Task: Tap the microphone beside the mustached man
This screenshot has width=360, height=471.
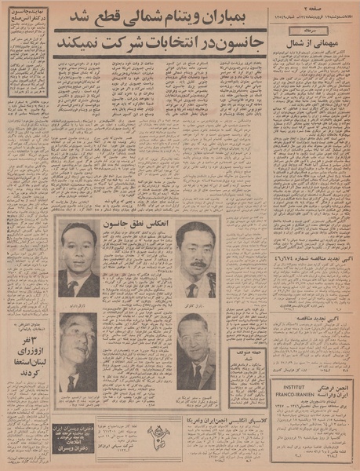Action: [x=211, y=283]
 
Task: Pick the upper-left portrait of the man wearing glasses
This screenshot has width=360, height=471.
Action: [x=78, y=259]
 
